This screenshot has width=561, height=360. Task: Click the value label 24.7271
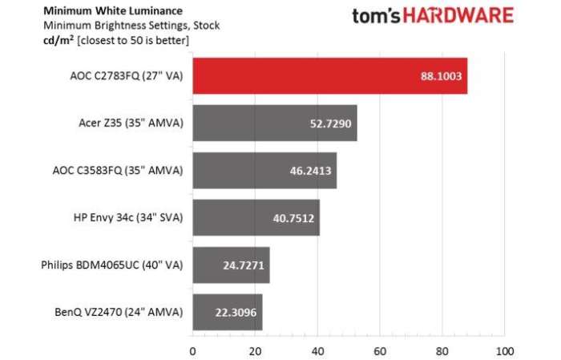(240, 265)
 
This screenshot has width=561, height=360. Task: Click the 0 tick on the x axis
(192, 350)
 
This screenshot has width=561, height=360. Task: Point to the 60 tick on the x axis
(380, 350)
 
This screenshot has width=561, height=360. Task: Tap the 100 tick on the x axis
(504, 350)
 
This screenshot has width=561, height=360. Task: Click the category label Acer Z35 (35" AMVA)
(127, 123)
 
